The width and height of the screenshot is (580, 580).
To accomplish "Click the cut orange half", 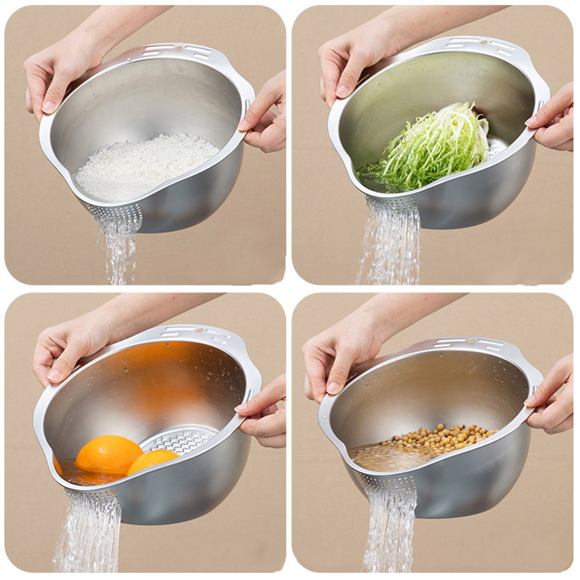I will [x=152, y=461].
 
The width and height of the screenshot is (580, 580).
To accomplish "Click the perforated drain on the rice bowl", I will [x=116, y=213].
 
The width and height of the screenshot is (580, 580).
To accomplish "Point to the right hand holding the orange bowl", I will [x=264, y=409].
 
